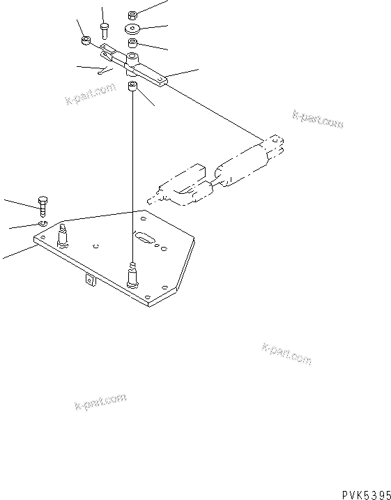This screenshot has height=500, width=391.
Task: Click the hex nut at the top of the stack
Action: coord(132,14)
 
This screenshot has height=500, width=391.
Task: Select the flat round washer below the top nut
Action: coord(132,29)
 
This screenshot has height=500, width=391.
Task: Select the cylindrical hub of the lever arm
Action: coord(132,62)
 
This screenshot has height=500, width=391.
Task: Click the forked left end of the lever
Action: coord(108,52)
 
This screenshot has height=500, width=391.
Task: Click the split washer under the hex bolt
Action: coord(43,223)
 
